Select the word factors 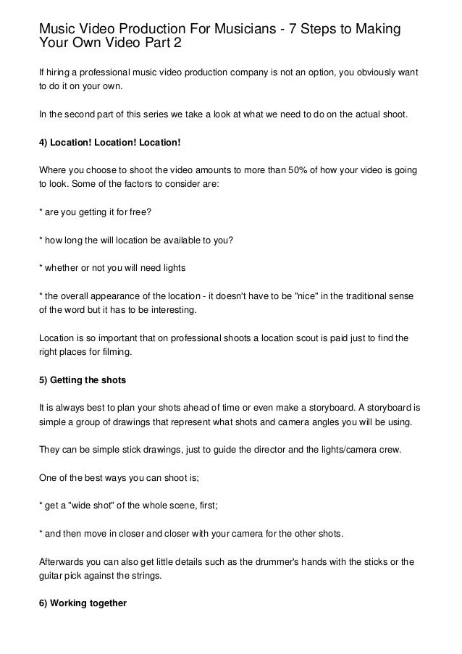(x=127, y=184)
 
